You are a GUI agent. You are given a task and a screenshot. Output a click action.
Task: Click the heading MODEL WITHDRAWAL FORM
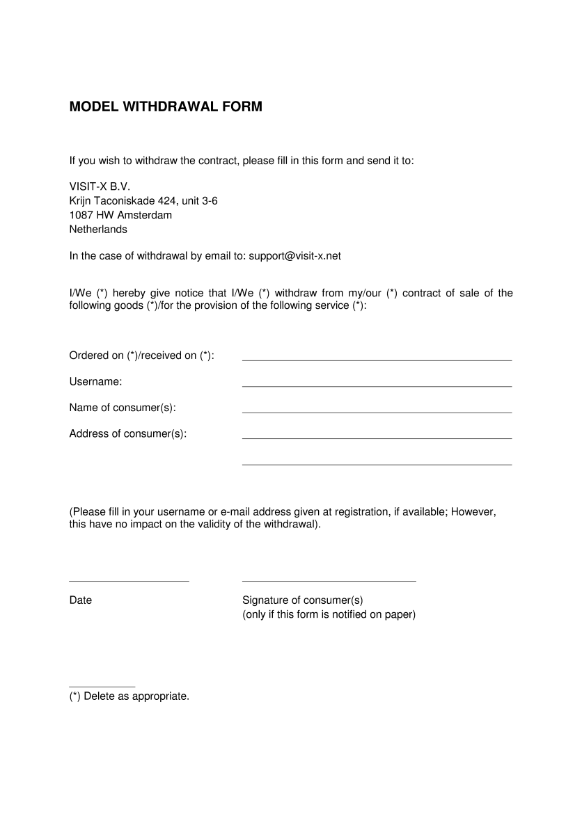(x=166, y=107)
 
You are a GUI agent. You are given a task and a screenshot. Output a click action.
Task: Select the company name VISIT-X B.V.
(x=100, y=187)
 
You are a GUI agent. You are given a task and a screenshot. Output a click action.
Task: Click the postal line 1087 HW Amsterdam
(x=120, y=215)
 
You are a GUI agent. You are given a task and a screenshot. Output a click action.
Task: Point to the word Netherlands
(x=98, y=229)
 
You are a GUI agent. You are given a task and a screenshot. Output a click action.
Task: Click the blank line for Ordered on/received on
(x=377, y=359)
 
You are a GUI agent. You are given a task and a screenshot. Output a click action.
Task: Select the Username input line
(x=377, y=385)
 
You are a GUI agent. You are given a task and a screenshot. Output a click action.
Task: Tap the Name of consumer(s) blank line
(x=377, y=412)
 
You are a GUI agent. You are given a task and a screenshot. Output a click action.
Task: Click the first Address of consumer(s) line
(x=377, y=438)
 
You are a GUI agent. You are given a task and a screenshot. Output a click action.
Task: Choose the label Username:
(x=95, y=381)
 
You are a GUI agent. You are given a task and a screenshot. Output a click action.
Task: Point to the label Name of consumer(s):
(x=123, y=408)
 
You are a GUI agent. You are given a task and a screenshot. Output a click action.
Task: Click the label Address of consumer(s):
(x=128, y=433)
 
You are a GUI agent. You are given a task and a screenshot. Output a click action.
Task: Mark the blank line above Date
(x=129, y=580)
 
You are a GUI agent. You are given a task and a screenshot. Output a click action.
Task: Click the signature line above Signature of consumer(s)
(x=329, y=580)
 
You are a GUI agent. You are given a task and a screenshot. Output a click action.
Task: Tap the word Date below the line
(x=81, y=600)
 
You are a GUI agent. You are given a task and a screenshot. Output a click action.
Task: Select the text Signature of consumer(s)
(x=303, y=600)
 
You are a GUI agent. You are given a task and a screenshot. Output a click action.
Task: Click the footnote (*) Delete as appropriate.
(x=129, y=696)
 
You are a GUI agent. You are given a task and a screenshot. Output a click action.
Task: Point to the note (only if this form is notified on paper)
(x=329, y=614)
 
